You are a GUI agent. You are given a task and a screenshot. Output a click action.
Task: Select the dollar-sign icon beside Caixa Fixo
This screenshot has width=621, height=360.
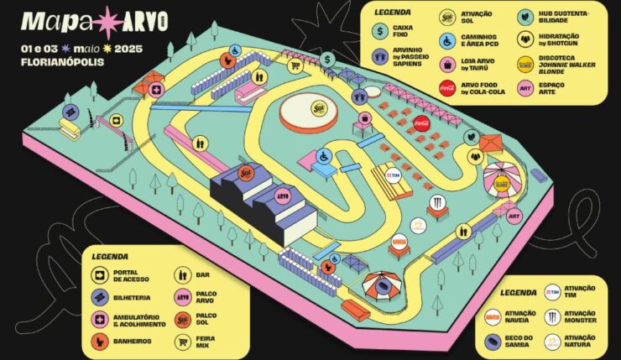[x=379, y=32]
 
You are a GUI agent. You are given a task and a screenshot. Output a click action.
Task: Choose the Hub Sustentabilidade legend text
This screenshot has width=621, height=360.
[x=566, y=16]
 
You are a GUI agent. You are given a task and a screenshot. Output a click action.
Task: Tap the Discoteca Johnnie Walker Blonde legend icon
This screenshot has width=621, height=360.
[x=525, y=62]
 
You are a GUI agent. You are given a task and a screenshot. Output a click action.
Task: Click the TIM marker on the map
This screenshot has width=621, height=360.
[x=393, y=176]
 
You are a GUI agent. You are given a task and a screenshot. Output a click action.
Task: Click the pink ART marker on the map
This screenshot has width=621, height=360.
[x=514, y=216]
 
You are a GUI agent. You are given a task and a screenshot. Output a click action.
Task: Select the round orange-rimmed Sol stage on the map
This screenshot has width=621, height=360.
[x=309, y=112]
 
